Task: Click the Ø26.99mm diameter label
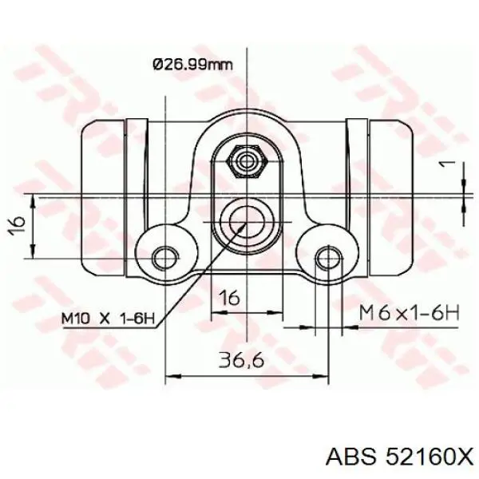coord(192,64)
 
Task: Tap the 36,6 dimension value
coord(239,361)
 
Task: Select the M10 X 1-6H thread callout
coord(107,318)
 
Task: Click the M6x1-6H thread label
coord(409,314)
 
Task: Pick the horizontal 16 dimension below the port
coord(230,298)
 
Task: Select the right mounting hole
coord(327,256)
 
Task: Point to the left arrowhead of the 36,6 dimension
coord(172,374)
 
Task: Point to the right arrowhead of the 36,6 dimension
coord(319,374)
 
